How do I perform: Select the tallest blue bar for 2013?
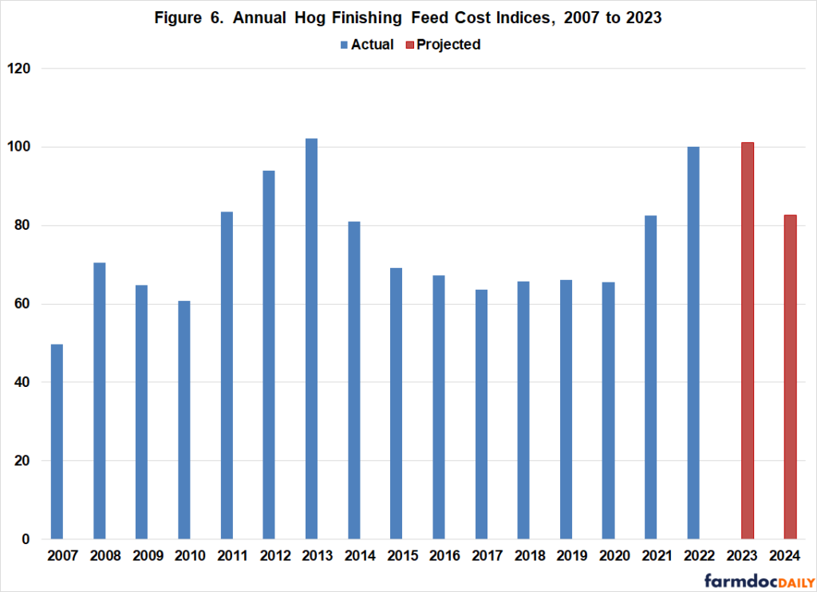click(311, 339)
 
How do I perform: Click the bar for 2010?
click(184, 420)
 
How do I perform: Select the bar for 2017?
click(481, 414)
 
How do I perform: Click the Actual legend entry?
click(367, 45)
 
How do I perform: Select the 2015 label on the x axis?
click(396, 555)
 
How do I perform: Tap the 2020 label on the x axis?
click(608, 555)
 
